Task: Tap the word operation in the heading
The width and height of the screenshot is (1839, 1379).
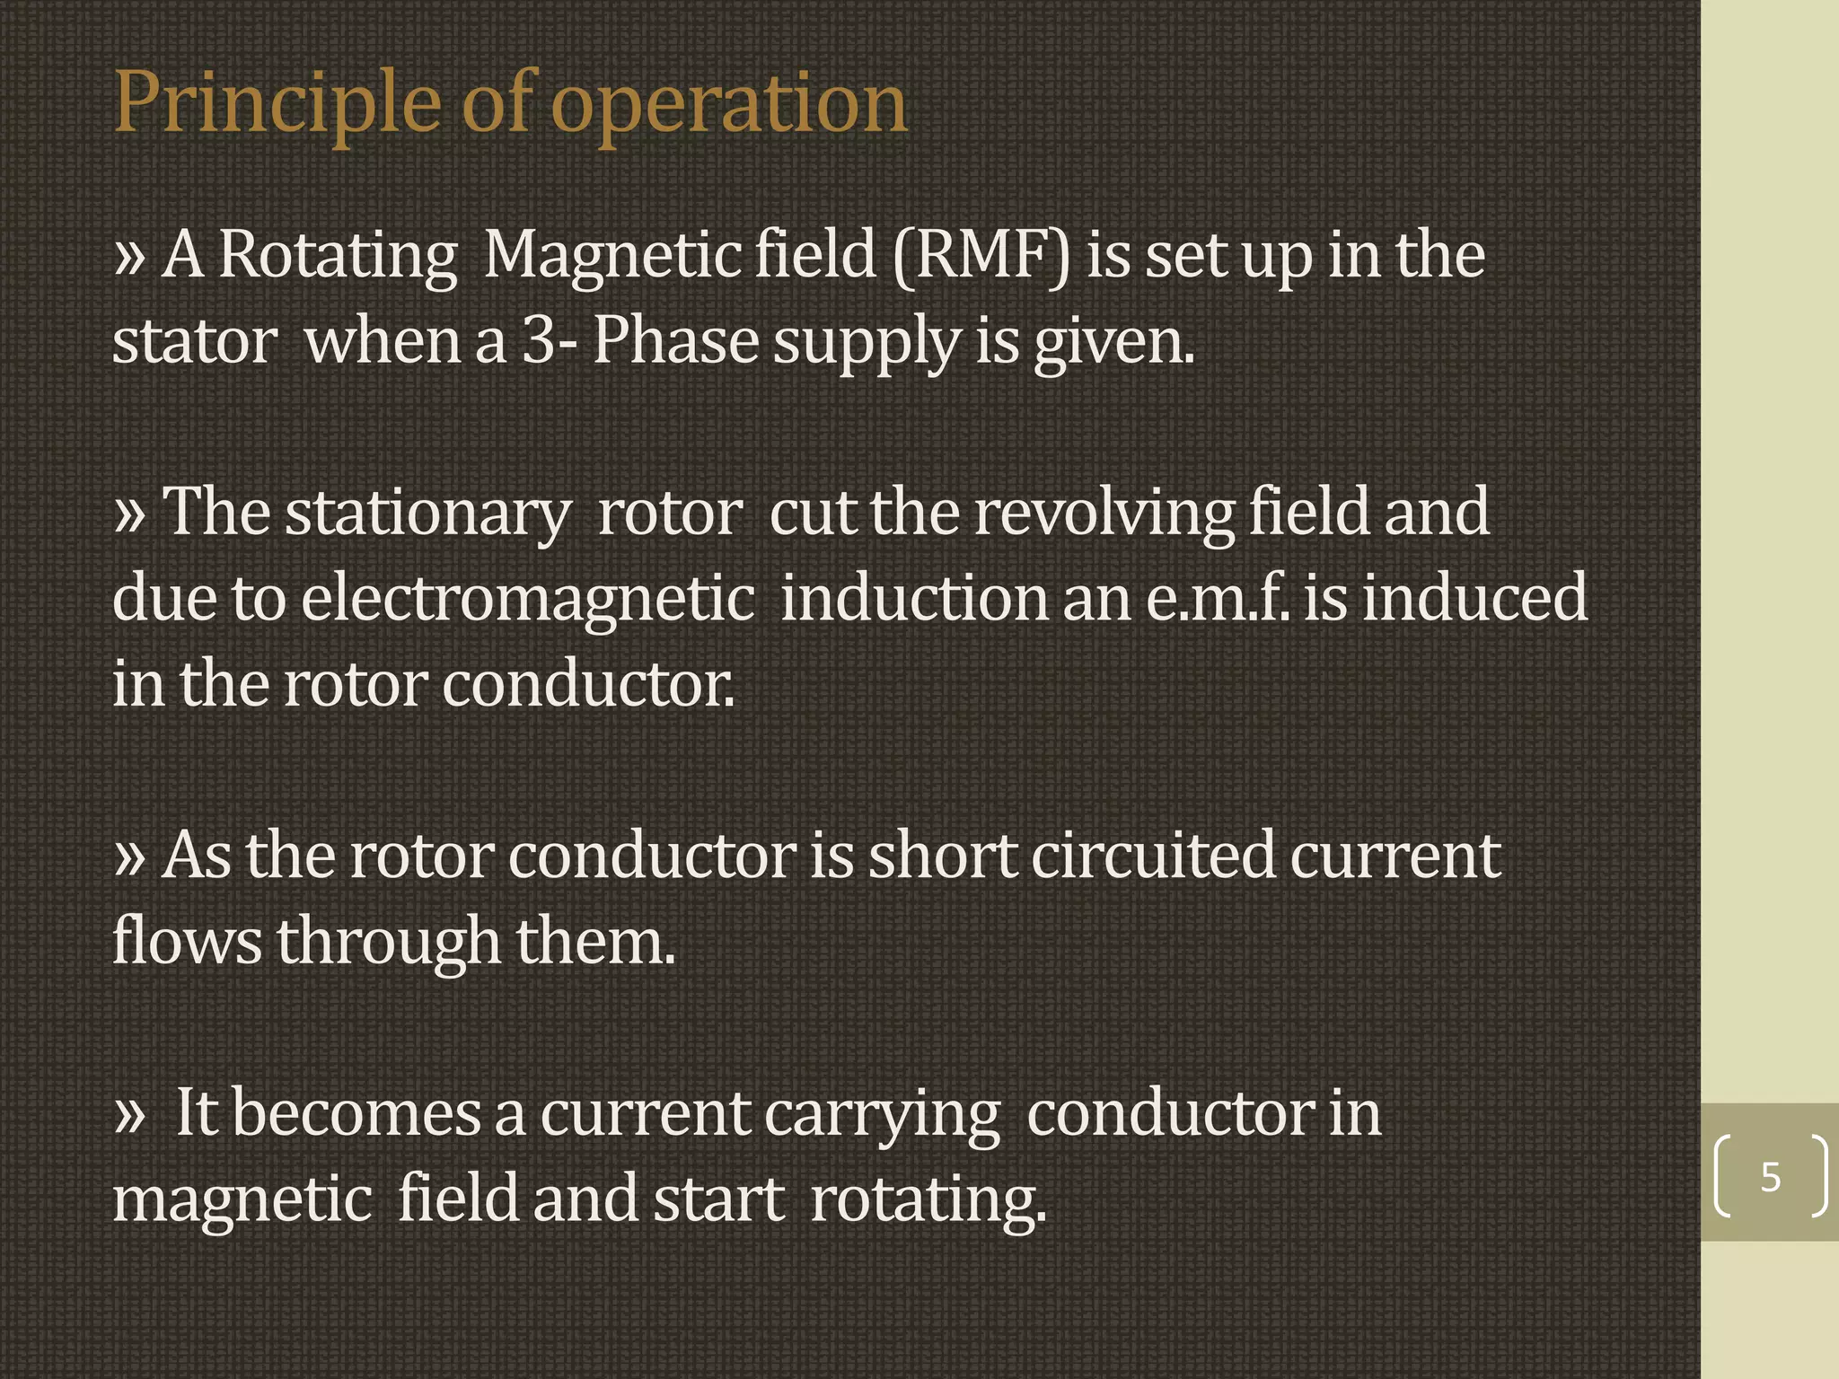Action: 728,106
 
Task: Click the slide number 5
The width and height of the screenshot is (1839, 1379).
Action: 1770,1176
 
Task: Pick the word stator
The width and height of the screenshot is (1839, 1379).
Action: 194,342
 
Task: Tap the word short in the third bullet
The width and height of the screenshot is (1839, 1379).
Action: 942,855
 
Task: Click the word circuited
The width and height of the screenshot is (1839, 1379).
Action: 1153,855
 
